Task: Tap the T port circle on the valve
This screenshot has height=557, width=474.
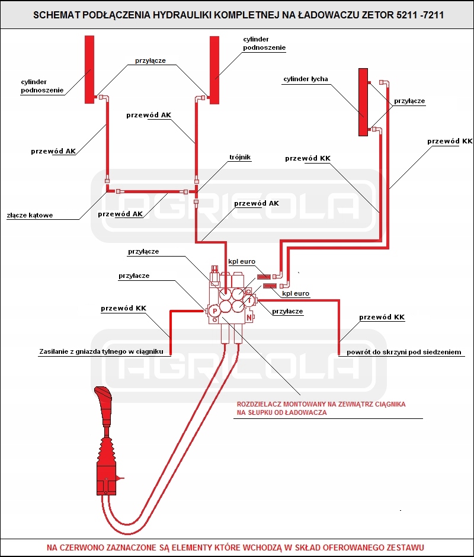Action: click(x=250, y=300)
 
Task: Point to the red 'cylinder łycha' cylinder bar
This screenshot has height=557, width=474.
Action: click(x=363, y=102)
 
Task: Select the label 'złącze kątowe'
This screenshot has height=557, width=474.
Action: click(x=30, y=215)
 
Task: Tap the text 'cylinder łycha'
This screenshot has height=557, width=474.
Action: click(x=305, y=79)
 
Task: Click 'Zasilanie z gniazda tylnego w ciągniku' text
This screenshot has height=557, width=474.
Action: click(x=101, y=351)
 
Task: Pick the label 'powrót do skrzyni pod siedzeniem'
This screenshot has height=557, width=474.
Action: click(x=404, y=352)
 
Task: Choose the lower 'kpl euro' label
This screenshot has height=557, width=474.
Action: click(x=296, y=293)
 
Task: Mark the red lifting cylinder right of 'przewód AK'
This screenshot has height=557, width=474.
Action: click(x=214, y=69)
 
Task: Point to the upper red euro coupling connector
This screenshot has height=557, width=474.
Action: click(x=264, y=276)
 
